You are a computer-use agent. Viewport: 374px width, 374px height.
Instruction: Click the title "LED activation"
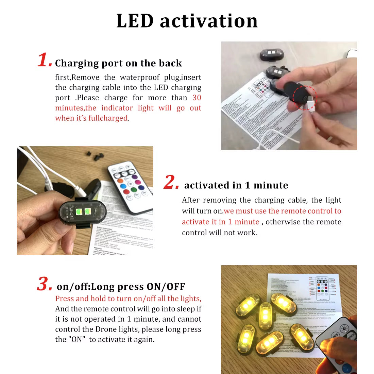187,21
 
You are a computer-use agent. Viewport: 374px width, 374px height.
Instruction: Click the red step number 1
44,60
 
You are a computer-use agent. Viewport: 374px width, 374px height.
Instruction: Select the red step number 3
44,284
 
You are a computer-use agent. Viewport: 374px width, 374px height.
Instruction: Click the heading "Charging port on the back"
118,63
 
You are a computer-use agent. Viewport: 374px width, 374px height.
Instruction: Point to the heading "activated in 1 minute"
236,185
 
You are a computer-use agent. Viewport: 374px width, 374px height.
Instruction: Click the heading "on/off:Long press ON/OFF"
121,287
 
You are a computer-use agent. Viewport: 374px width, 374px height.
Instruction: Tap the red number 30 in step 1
197,98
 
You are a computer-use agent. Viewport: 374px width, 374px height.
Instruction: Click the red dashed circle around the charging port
305,98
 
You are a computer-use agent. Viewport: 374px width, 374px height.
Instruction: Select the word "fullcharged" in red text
108,118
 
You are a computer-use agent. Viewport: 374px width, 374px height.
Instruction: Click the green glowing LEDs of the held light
83,212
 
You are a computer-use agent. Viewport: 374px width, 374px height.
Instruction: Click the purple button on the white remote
134,177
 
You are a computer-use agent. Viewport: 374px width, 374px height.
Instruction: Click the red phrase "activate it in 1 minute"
220,222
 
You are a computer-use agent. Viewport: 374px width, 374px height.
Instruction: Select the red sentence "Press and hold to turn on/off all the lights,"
128,299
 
